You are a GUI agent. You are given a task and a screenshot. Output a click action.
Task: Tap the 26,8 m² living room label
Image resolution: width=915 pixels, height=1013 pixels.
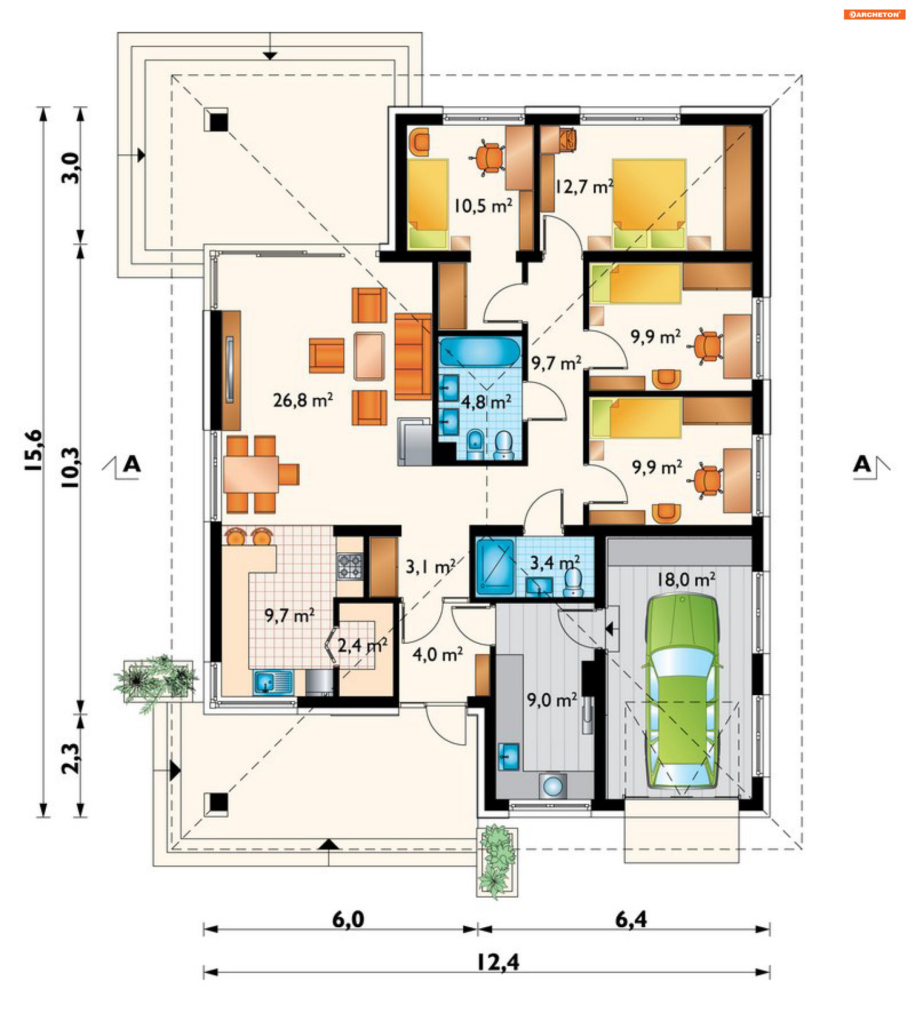pos(303,400)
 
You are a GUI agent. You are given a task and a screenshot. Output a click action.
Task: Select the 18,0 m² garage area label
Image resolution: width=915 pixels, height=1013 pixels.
pos(686,579)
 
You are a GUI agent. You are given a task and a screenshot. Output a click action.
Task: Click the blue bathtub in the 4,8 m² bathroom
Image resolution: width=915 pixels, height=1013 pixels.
pos(480,351)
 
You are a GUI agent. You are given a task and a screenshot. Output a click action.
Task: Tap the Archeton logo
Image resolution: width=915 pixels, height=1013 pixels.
pos(874,15)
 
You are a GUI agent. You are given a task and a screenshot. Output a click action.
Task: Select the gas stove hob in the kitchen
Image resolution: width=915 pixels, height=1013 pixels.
pos(349,566)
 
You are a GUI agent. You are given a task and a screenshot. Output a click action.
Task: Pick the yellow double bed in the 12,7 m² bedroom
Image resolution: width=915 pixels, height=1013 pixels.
pos(649,203)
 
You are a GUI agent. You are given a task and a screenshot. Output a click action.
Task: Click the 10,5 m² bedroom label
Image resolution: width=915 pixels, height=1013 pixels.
pos(483,205)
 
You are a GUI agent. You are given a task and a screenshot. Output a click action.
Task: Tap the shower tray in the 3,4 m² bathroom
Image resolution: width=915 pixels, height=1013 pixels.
pos(495,566)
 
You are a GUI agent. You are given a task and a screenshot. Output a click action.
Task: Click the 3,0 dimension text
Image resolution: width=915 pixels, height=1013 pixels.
pos(71,168)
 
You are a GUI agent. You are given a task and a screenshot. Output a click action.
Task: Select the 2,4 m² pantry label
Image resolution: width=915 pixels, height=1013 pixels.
pos(362,645)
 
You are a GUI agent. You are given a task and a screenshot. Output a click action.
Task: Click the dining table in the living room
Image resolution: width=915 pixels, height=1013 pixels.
pos(250,474)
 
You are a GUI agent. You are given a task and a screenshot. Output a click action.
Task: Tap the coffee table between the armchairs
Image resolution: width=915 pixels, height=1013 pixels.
pos(369,356)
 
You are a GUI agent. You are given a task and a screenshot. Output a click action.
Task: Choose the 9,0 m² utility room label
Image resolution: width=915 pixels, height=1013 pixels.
pos(552,699)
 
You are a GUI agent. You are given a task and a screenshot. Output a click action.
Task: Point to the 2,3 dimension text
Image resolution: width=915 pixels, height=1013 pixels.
pos(71,759)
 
